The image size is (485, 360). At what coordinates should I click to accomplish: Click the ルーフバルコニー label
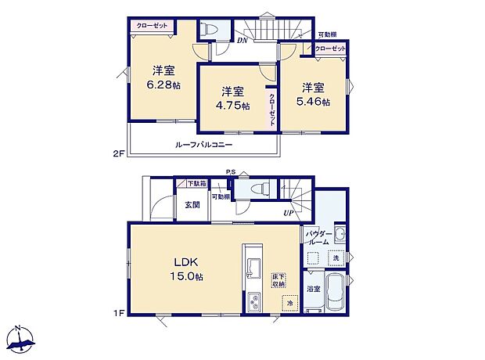coord(203,145)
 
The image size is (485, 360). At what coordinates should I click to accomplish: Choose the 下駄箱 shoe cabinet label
coord(196,184)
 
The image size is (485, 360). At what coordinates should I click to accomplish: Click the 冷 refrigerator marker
coord(289,303)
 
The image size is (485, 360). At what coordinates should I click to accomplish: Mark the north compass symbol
coord(21,338)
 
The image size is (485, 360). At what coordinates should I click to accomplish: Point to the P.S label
coord(231,171)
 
